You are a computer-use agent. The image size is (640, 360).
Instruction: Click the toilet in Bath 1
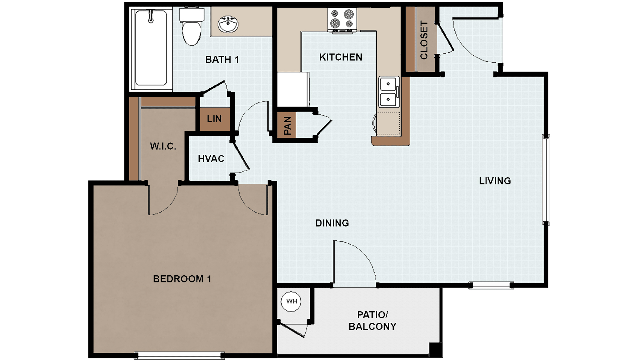192,28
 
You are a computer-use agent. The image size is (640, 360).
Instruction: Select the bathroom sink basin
228,24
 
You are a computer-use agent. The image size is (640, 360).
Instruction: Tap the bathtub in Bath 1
151,48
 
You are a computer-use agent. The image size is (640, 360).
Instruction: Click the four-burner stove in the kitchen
342,19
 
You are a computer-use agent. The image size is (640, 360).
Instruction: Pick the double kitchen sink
388,92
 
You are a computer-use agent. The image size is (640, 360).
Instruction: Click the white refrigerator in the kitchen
292,89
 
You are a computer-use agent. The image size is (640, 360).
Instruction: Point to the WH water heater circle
291,301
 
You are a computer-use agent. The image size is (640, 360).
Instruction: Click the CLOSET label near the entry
424,40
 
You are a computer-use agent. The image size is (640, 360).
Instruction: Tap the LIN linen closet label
214,119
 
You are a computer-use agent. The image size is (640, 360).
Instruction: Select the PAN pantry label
287,126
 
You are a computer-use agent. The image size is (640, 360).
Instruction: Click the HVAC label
211,159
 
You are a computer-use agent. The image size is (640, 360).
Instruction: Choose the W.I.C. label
163,146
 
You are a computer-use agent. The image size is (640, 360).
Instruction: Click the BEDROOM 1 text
182,279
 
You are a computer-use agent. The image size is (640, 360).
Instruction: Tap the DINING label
332,223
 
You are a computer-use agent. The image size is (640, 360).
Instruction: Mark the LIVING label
495,181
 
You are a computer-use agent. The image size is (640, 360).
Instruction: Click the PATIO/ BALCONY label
372,321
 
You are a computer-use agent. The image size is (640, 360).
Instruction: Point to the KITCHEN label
340,57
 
